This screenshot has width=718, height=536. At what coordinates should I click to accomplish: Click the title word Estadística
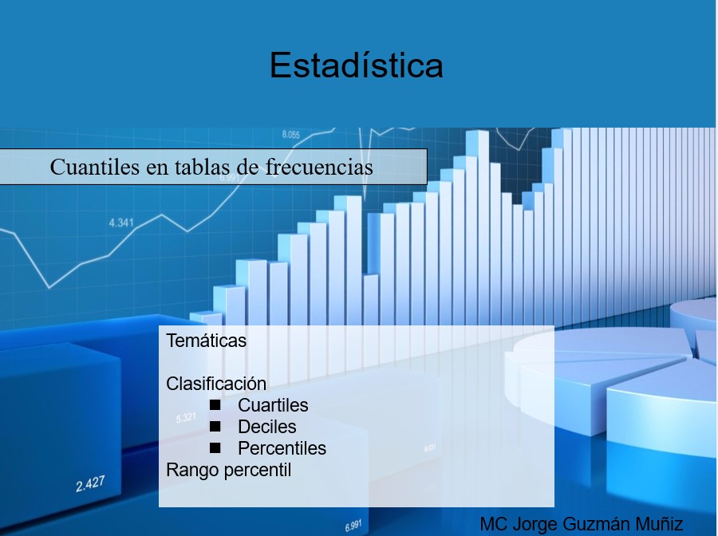tap(357, 65)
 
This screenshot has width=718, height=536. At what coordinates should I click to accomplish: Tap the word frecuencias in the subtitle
tap(319, 167)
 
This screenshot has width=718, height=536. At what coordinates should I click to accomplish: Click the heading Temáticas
tap(206, 341)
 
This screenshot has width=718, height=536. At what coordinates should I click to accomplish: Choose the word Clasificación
tap(216, 384)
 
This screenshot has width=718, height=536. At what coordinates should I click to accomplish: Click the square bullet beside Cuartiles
tap(215, 405)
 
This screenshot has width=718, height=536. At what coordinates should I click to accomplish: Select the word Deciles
tap(267, 427)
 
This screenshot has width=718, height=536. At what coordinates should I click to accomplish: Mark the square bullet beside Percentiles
tap(215, 448)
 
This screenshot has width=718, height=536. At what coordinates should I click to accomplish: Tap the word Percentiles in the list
tap(282, 448)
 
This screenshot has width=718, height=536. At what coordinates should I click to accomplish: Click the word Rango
tap(192, 471)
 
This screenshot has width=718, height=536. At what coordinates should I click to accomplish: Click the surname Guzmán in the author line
tap(591, 524)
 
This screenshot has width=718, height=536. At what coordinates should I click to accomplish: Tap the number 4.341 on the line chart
tap(121, 223)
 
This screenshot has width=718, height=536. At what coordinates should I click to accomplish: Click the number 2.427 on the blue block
tap(90, 484)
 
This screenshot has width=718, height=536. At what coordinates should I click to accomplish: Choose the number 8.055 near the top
tap(290, 135)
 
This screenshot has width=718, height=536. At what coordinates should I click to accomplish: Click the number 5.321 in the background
tap(186, 418)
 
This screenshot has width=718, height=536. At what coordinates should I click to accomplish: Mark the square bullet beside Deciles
tap(215, 427)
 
